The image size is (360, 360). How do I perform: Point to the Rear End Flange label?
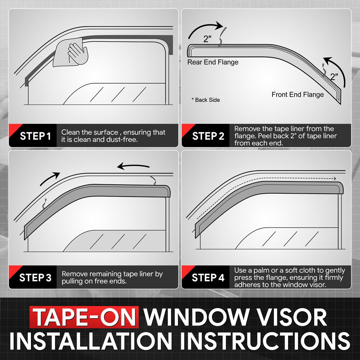[213, 62]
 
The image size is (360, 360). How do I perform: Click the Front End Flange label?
[297, 95]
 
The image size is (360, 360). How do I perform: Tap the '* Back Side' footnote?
[206, 100]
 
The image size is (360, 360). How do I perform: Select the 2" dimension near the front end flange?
[334, 77]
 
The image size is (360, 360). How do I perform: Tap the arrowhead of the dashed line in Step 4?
[334, 179]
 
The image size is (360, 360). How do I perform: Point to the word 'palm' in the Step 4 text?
[253, 271]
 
